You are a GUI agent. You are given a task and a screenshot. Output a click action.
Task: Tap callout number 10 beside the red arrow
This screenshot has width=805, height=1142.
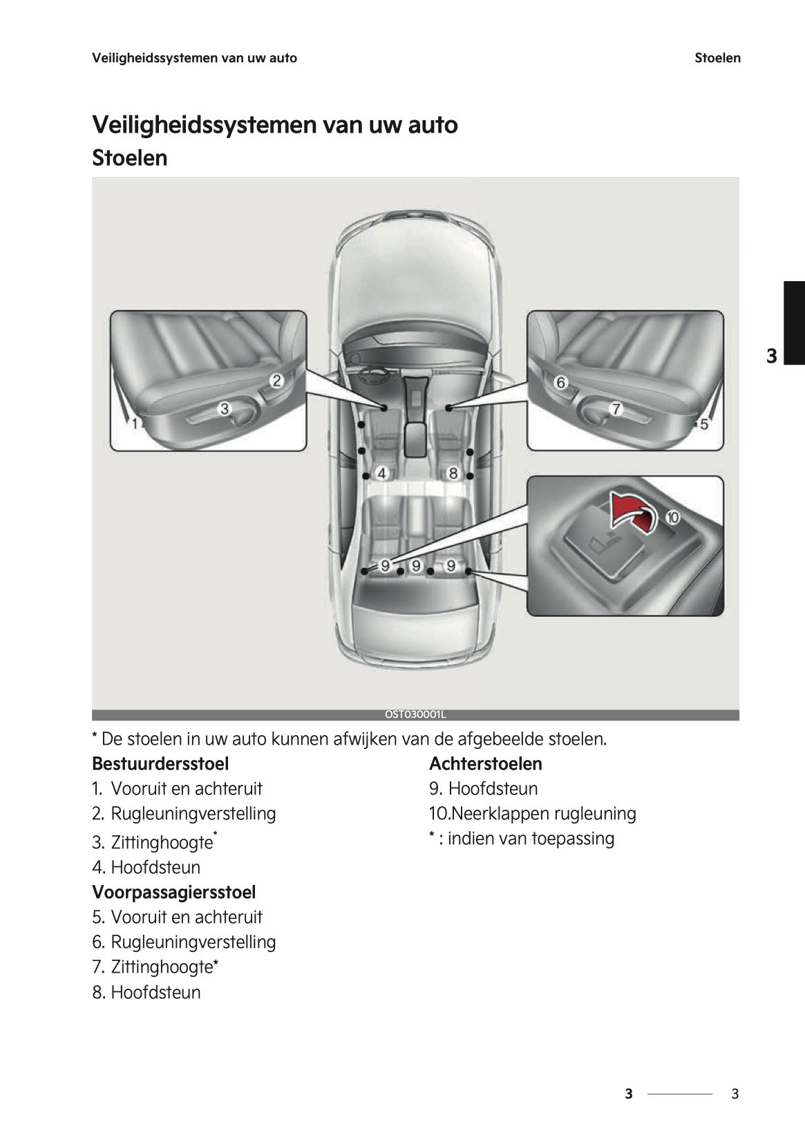672,517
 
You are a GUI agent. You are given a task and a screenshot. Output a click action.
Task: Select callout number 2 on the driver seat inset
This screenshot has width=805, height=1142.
276,380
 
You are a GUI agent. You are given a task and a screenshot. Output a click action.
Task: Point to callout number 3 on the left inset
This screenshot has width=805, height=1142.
224,408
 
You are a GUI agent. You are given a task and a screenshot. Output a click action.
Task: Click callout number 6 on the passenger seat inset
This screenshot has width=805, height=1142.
560,382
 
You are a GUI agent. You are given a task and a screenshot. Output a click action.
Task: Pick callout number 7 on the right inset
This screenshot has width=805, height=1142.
615,408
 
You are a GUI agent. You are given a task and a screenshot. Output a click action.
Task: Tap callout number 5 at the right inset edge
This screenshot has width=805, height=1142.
704,424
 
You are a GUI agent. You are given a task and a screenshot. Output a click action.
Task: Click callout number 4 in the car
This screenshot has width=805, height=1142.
381,473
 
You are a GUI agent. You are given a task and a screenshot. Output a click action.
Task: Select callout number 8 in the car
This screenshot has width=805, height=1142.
453,473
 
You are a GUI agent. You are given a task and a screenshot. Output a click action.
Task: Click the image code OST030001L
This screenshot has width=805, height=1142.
415,715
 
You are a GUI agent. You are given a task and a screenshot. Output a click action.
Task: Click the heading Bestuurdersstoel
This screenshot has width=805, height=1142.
160,763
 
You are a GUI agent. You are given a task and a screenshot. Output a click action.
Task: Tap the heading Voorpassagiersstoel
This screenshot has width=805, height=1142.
173,892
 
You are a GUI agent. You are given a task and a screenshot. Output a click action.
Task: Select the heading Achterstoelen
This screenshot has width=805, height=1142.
485,763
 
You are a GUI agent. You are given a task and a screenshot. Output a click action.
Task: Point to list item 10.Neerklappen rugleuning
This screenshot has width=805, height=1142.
532,813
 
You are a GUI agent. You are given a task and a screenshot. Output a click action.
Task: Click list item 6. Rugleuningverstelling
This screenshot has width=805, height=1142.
184,942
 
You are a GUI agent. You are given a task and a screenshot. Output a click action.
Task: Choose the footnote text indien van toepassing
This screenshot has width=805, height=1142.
530,839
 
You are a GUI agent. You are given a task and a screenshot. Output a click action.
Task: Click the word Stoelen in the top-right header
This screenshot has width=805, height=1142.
717,58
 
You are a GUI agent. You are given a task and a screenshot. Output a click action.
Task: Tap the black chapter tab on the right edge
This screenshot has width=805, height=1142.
793,322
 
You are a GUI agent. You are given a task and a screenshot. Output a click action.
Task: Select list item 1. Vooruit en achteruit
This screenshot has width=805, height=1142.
178,788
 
